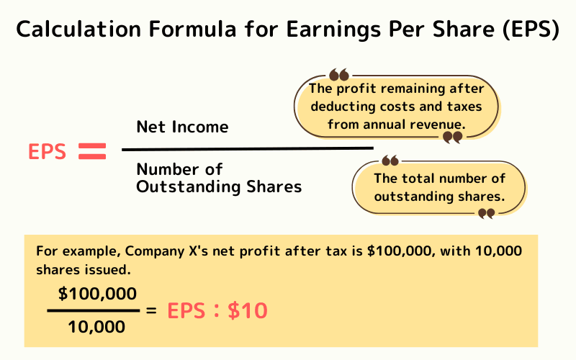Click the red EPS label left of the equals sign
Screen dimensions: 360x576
pos(48,152)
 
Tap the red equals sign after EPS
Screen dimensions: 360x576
pos(91,151)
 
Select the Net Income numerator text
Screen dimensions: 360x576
pos(182,127)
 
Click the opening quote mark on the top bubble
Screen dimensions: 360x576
pos(338,75)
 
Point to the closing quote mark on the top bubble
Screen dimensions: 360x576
pos(452,137)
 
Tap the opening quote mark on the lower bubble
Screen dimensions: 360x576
pos(390,161)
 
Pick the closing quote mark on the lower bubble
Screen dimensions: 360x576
pos(487,212)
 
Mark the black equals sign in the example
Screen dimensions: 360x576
pos(151,310)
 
